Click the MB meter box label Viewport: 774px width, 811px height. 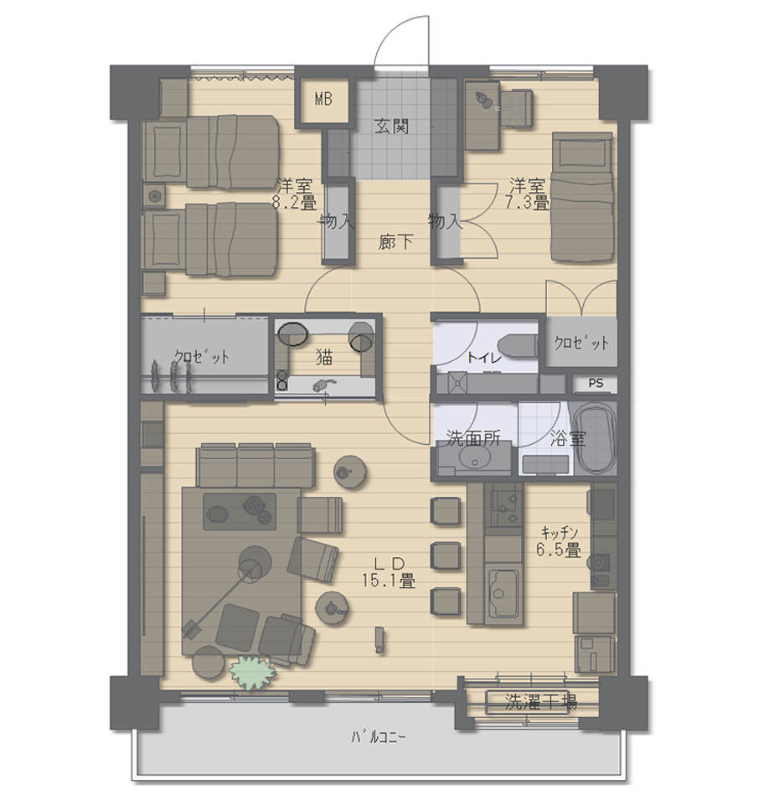(323, 99)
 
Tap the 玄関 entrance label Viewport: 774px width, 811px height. (392, 126)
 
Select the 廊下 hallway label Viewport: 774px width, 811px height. (395, 241)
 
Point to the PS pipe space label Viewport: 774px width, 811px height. (596, 383)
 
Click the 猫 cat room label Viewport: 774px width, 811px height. (324, 356)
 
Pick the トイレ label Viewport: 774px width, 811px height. (484, 357)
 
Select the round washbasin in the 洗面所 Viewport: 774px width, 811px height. (474, 456)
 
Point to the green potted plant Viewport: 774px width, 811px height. (252, 672)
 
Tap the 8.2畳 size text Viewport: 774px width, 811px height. (294, 202)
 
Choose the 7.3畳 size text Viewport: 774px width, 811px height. (527, 202)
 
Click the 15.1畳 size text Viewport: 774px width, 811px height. (389, 581)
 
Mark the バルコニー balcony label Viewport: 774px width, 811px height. (378, 736)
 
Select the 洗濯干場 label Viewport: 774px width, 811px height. (540, 702)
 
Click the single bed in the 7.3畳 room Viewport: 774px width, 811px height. (583, 197)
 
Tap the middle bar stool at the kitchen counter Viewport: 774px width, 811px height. (445, 556)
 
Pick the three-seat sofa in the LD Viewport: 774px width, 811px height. (255, 465)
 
